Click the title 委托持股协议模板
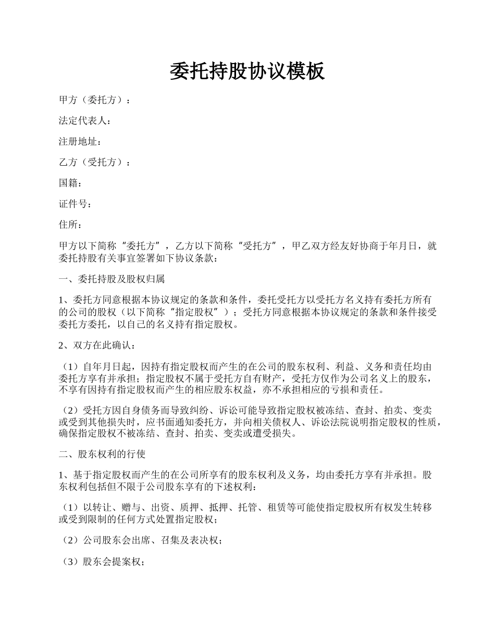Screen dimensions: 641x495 coord(247,71)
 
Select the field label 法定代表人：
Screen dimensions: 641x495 coord(85,121)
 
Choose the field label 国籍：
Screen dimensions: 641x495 coord(70,183)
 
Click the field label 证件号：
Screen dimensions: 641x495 coord(76,204)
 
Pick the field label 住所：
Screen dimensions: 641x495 coord(70,225)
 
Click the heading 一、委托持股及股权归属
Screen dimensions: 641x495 coord(112,279)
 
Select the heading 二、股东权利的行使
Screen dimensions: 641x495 coord(102,454)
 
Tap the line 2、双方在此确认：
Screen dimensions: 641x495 coord(97,346)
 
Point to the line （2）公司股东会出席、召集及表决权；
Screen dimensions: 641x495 coord(141,541)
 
